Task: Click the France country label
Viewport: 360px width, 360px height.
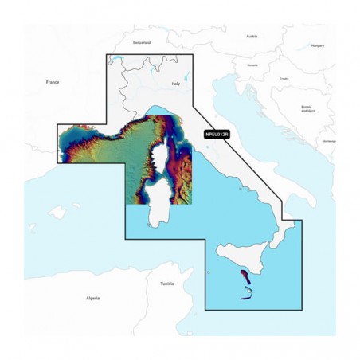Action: point(53,82)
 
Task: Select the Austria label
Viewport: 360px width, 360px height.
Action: point(252,36)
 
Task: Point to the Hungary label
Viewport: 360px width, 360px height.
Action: point(317,45)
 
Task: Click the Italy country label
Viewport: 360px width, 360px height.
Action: point(177,83)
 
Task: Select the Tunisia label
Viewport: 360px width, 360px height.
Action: point(167,283)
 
